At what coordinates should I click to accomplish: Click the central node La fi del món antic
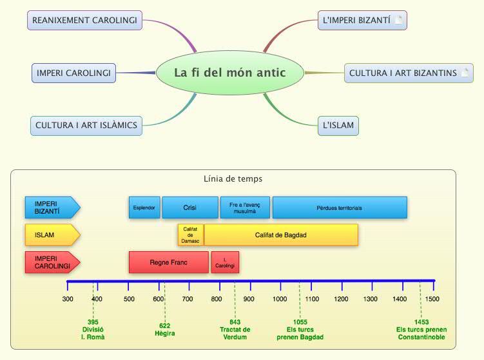229,72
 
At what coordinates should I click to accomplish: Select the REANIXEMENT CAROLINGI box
84,21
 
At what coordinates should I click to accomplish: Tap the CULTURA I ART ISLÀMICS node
86,125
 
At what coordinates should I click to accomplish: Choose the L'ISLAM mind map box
338,125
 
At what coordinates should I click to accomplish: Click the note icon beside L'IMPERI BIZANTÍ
398,21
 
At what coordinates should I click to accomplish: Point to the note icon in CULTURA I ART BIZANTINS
465,73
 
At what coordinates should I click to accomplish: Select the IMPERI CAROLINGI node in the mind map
73,73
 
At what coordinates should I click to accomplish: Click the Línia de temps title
233,178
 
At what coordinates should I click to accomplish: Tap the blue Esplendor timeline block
144,208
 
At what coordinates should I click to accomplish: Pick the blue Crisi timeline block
190,208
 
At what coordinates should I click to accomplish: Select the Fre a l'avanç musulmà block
245,208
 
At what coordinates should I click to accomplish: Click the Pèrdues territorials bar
340,208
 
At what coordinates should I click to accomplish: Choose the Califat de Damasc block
191,235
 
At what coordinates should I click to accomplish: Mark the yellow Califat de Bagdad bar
281,235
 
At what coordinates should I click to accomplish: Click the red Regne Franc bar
168,263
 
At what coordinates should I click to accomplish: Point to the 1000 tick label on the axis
280,299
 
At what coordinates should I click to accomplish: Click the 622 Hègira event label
165,329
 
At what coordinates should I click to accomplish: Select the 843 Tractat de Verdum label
235,329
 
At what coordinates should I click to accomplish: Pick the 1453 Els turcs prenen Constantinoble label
421,329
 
